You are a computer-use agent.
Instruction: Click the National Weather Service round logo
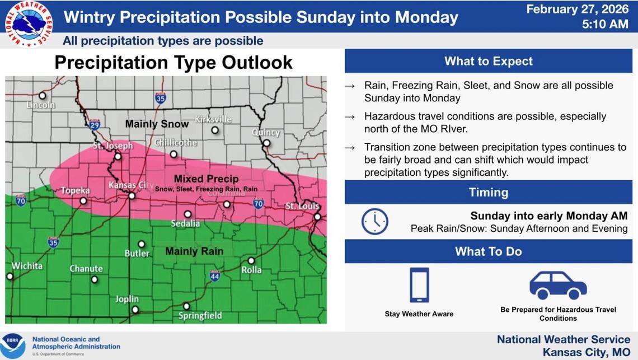click(27, 24)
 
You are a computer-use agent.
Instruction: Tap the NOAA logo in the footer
click(13, 345)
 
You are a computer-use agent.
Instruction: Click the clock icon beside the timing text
click(374, 222)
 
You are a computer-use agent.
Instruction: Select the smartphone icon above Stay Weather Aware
click(419, 285)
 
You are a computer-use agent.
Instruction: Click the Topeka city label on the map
click(75, 190)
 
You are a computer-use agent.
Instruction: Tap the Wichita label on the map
click(26, 265)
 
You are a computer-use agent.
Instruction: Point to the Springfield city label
click(200, 316)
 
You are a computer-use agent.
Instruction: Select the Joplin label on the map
click(127, 299)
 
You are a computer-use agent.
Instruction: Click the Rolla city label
click(251, 270)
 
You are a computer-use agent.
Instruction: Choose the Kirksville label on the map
click(213, 119)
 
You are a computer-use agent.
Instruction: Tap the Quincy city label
click(266, 133)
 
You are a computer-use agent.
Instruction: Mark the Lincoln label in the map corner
click(41, 105)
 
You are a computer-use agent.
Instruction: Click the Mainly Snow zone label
click(157, 124)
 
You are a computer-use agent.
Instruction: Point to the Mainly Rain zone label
click(194, 251)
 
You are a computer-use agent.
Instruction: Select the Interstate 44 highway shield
click(214, 275)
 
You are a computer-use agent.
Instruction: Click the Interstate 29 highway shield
click(95, 124)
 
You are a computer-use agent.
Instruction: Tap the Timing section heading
click(488, 193)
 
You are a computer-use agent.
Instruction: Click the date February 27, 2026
click(578, 9)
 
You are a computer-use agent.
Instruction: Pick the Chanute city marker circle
click(94, 279)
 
